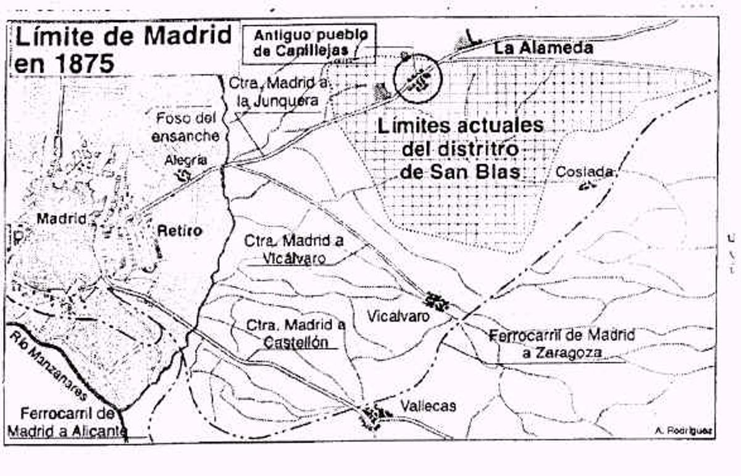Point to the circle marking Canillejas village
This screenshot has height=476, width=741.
tap(419, 78)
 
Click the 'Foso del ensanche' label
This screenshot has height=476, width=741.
tap(186, 127)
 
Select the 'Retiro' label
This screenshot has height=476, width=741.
tap(180, 231)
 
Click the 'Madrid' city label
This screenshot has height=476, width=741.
tap(61, 218)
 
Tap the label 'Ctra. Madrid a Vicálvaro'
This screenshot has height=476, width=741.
tap(294, 249)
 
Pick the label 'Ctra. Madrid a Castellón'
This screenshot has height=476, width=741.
tap(295, 333)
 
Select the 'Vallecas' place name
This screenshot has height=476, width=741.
tap(428, 406)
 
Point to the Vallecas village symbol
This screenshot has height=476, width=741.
tap(372, 415)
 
